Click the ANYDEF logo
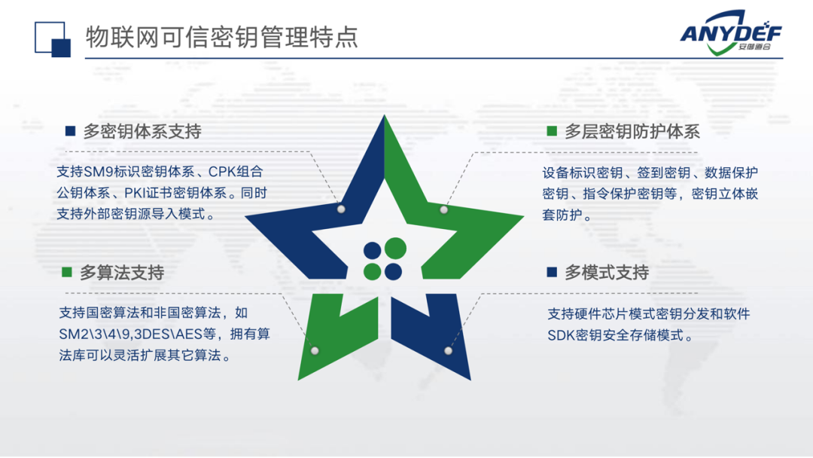[730, 32]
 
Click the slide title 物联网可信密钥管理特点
[222, 37]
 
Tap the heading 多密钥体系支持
[142, 131]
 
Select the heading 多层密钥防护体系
[632, 131]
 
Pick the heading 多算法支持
[122, 272]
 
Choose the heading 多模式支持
[607, 272]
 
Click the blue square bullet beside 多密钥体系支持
[71, 131]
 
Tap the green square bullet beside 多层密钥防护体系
[552, 131]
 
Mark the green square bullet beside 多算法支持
[67, 272]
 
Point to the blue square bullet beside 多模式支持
[552, 272]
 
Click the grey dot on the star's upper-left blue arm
[341, 209]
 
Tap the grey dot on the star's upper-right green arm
[444, 209]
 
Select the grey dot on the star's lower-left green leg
[315, 350]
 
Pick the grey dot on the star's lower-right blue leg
[449, 350]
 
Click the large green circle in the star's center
[396, 248]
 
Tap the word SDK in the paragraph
[561, 335]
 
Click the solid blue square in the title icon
[61, 48]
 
